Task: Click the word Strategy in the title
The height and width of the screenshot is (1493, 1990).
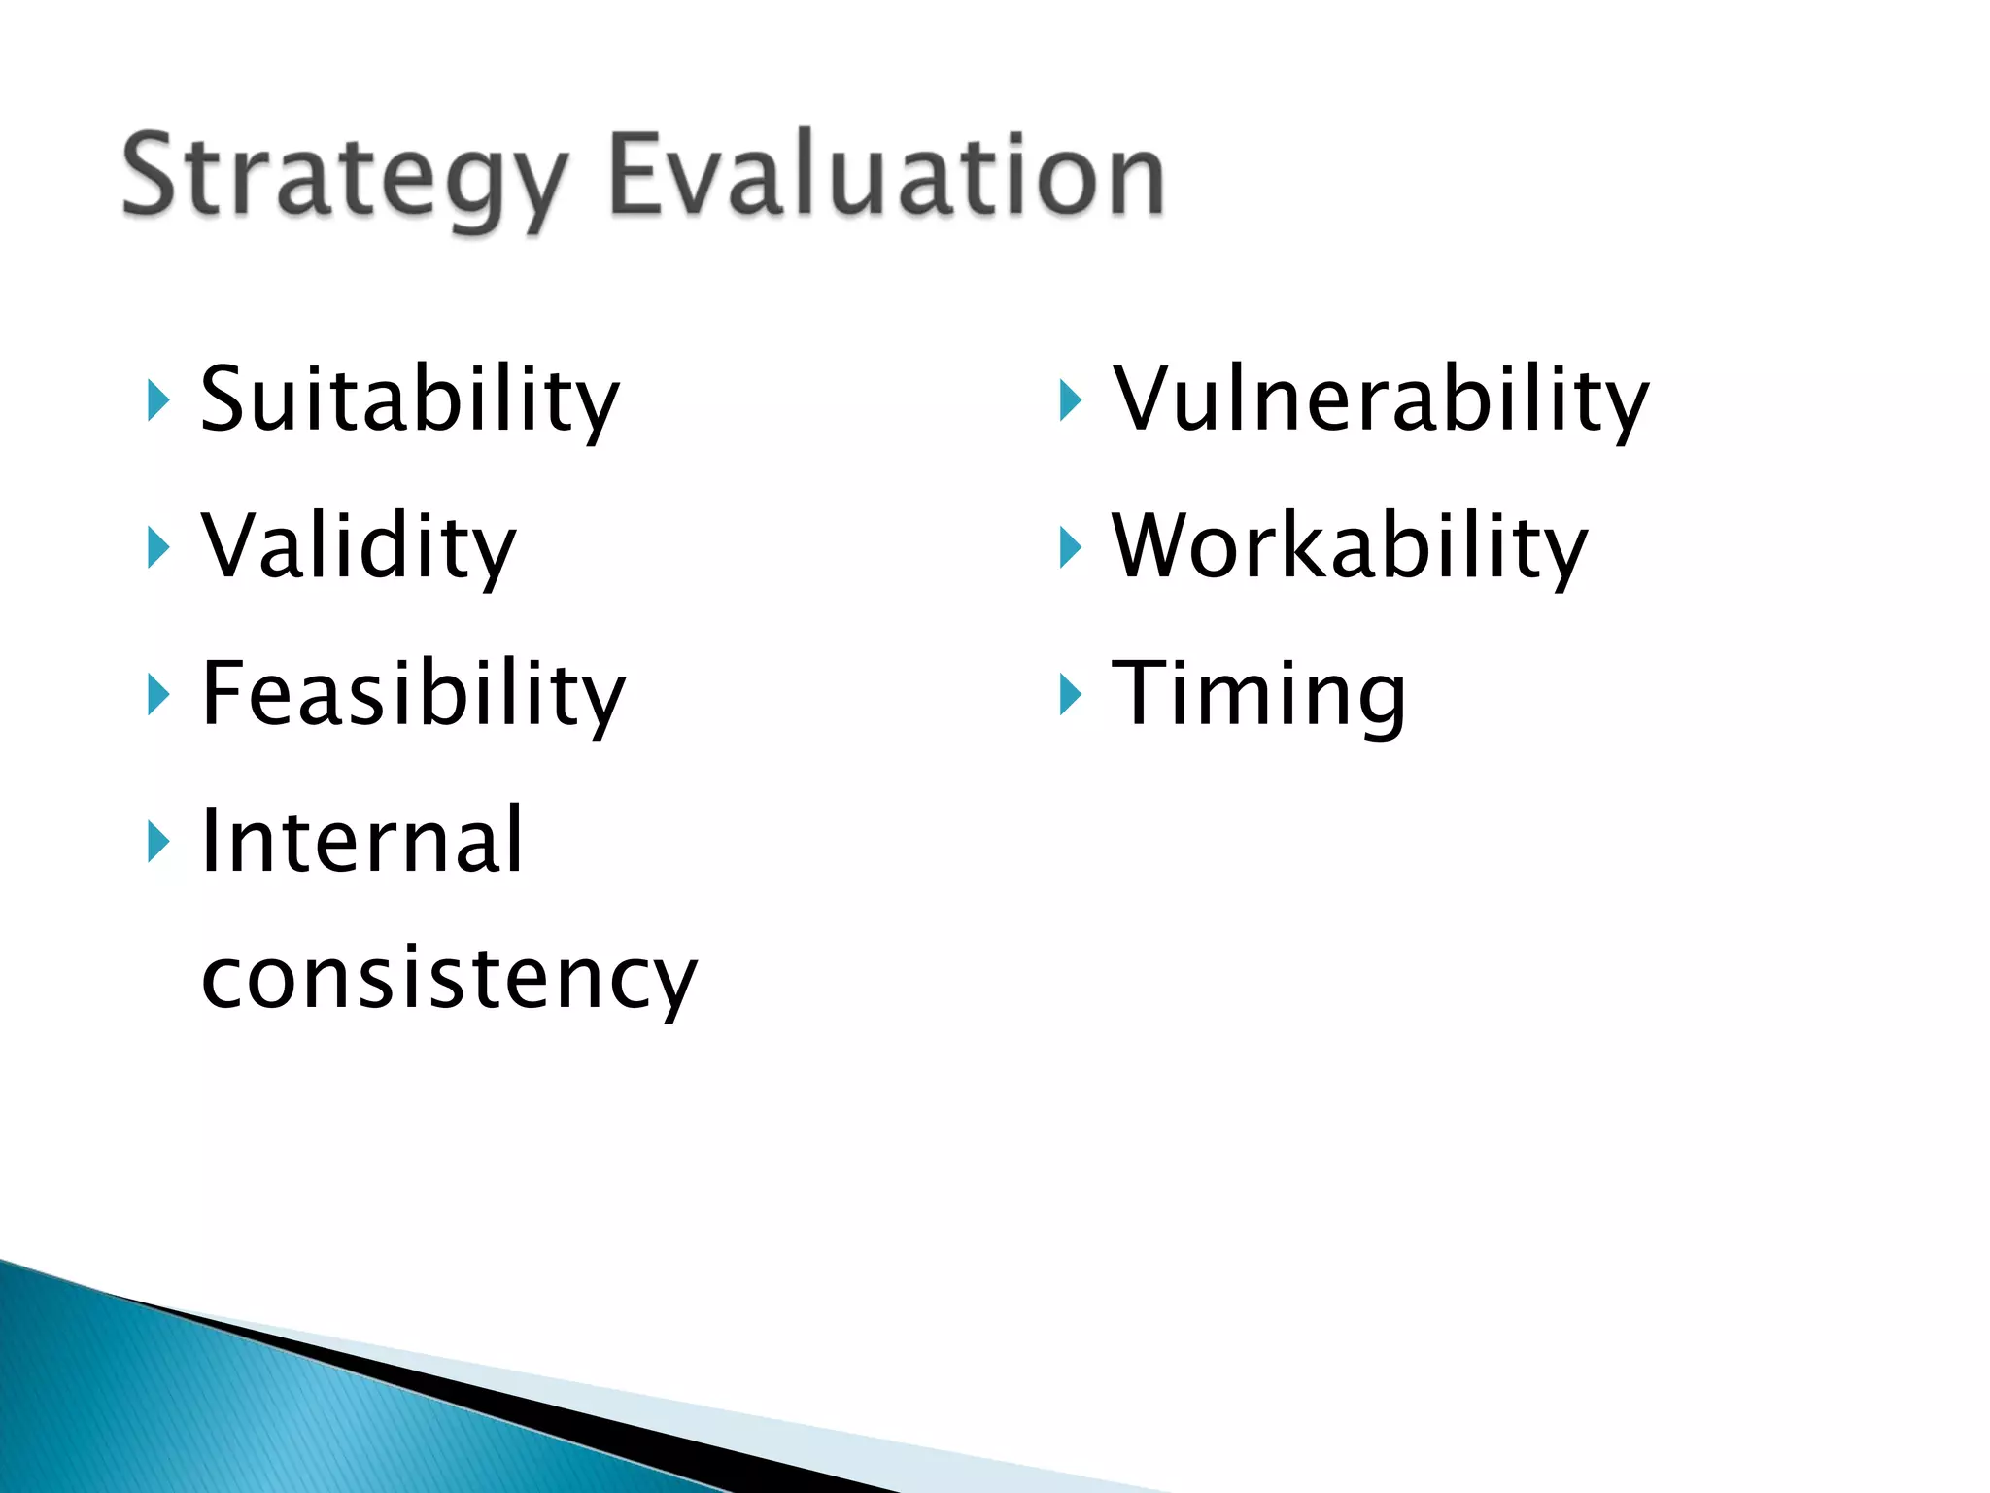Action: click(342, 177)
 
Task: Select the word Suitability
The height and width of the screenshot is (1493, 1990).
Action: click(409, 399)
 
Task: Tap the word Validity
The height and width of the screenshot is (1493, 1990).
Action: click(359, 546)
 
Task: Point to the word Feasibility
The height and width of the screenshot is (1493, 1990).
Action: click(413, 694)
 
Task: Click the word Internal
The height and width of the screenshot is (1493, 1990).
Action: click(361, 841)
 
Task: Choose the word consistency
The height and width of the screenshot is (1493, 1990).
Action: click(449, 978)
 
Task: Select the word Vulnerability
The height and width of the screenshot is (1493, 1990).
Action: click(1380, 399)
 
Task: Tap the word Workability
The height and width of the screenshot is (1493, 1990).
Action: click(1349, 546)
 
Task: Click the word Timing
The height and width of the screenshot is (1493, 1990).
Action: click(1258, 694)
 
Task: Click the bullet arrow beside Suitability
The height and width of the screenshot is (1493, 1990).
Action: click(158, 400)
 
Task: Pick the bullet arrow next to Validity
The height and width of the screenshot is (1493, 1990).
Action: click(158, 547)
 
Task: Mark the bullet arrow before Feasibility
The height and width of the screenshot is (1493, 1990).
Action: click(158, 695)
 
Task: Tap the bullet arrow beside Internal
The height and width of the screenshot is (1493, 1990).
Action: click(158, 842)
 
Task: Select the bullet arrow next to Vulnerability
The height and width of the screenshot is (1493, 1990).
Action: click(1070, 400)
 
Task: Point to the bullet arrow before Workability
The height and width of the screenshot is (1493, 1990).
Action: click(1070, 547)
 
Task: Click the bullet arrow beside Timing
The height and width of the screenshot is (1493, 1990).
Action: click(1070, 695)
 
